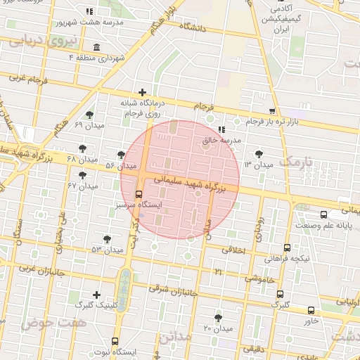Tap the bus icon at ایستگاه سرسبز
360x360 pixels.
137,193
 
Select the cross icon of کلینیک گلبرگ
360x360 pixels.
96,294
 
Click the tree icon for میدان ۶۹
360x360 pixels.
89,115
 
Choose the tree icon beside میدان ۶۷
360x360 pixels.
83,175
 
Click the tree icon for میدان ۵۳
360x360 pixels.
107,239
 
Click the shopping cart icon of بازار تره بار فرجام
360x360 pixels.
272,111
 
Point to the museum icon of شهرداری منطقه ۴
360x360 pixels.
96,47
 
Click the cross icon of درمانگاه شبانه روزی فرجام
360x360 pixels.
143,92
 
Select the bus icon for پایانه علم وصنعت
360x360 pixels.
323,214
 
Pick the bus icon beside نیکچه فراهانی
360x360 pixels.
287,247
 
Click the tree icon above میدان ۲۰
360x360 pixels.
218,318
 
